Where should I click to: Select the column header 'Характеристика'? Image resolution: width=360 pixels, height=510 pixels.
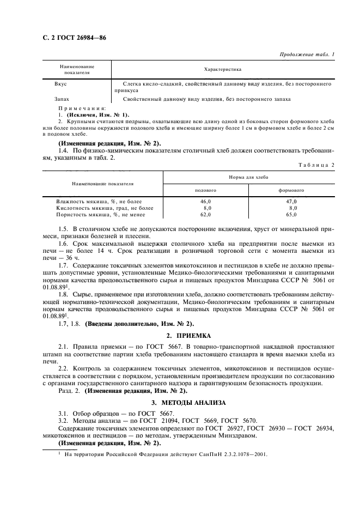click(222, 70)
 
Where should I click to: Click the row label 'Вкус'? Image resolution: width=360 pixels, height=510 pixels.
click(60, 84)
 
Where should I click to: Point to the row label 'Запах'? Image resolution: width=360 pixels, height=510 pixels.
click(62, 99)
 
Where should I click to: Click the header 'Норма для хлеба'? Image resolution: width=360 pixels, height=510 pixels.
click(248, 178)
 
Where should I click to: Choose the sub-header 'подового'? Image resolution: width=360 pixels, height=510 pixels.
click(206, 191)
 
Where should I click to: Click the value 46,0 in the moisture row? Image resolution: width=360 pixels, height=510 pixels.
click(206, 202)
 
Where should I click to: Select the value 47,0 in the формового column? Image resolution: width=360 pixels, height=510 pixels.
click(292, 202)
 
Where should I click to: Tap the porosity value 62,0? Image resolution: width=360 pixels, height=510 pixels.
click(206, 215)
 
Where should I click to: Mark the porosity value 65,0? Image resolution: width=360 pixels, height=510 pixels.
click(292, 215)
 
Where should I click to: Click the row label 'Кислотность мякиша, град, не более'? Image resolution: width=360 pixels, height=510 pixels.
click(97, 208)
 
